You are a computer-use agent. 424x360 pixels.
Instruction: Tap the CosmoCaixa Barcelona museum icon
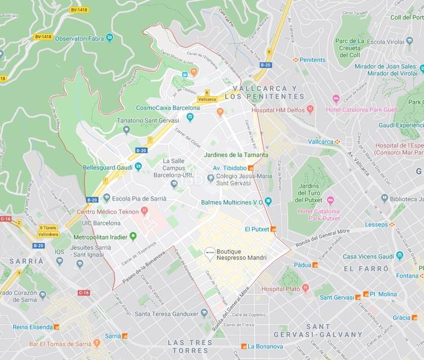(x=190, y=117)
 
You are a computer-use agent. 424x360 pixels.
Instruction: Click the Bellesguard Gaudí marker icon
(x=139, y=166)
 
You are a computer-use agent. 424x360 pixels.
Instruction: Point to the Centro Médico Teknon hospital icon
(x=144, y=211)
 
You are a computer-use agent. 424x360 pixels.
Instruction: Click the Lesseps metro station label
(x=377, y=224)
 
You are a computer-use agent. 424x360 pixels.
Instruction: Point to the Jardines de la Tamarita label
(x=236, y=155)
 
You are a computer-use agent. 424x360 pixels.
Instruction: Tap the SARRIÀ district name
(x=23, y=261)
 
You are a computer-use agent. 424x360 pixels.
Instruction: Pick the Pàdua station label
(x=301, y=265)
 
